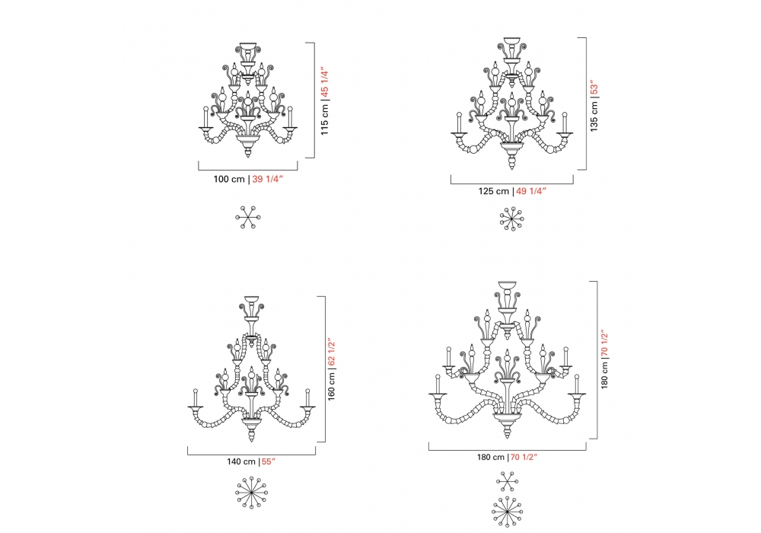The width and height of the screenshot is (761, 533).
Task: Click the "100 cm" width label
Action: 229,179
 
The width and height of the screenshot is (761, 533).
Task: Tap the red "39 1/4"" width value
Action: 267,179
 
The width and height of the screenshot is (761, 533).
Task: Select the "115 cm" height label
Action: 325,120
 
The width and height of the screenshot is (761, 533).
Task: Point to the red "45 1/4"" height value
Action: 325,83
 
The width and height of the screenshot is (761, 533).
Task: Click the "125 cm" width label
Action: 494,191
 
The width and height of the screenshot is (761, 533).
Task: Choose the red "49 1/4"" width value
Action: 531,191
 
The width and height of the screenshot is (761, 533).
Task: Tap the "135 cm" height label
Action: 594,116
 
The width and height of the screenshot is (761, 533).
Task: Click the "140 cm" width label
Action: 241,461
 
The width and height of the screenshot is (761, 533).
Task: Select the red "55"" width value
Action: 269,461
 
